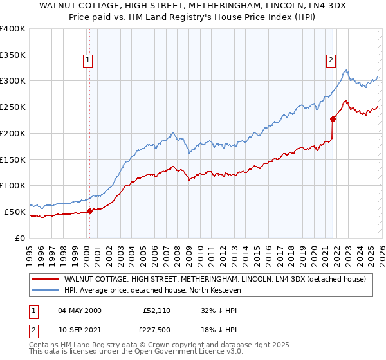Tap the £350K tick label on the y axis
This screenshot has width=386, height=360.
click(13, 55)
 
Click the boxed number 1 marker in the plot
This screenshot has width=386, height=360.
click(87, 61)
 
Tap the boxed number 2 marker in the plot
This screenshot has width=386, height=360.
click(331, 61)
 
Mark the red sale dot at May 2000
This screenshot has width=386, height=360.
click(89, 210)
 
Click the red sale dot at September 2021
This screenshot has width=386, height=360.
click(333, 118)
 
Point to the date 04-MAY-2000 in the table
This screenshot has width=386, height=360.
click(79, 310)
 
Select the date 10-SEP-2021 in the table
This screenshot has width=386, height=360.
click(79, 329)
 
